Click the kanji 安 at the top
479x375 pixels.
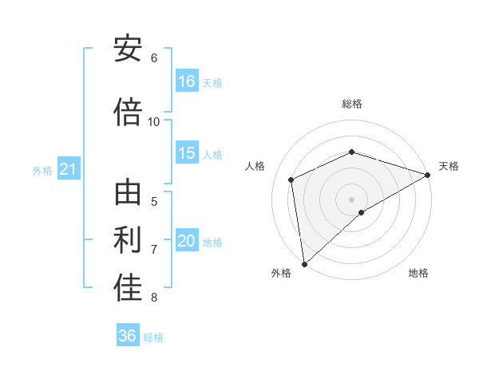point(128,49)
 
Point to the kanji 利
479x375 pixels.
point(128,240)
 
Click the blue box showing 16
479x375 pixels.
point(187,81)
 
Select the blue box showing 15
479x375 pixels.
point(187,153)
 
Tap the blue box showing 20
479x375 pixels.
point(187,241)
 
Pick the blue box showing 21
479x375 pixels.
point(68,169)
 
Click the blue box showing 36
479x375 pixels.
point(128,336)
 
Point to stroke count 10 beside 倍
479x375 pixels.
point(154,121)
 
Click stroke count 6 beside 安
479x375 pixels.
point(154,58)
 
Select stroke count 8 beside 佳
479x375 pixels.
point(154,298)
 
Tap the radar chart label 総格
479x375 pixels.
point(351,104)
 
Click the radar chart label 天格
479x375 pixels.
point(449,166)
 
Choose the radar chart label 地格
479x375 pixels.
point(418,274)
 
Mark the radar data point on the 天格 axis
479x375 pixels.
point(427,175)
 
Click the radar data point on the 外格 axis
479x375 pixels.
point(303,263)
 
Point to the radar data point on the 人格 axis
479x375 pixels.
point(291,180)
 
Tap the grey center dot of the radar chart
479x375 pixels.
point(351,199)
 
